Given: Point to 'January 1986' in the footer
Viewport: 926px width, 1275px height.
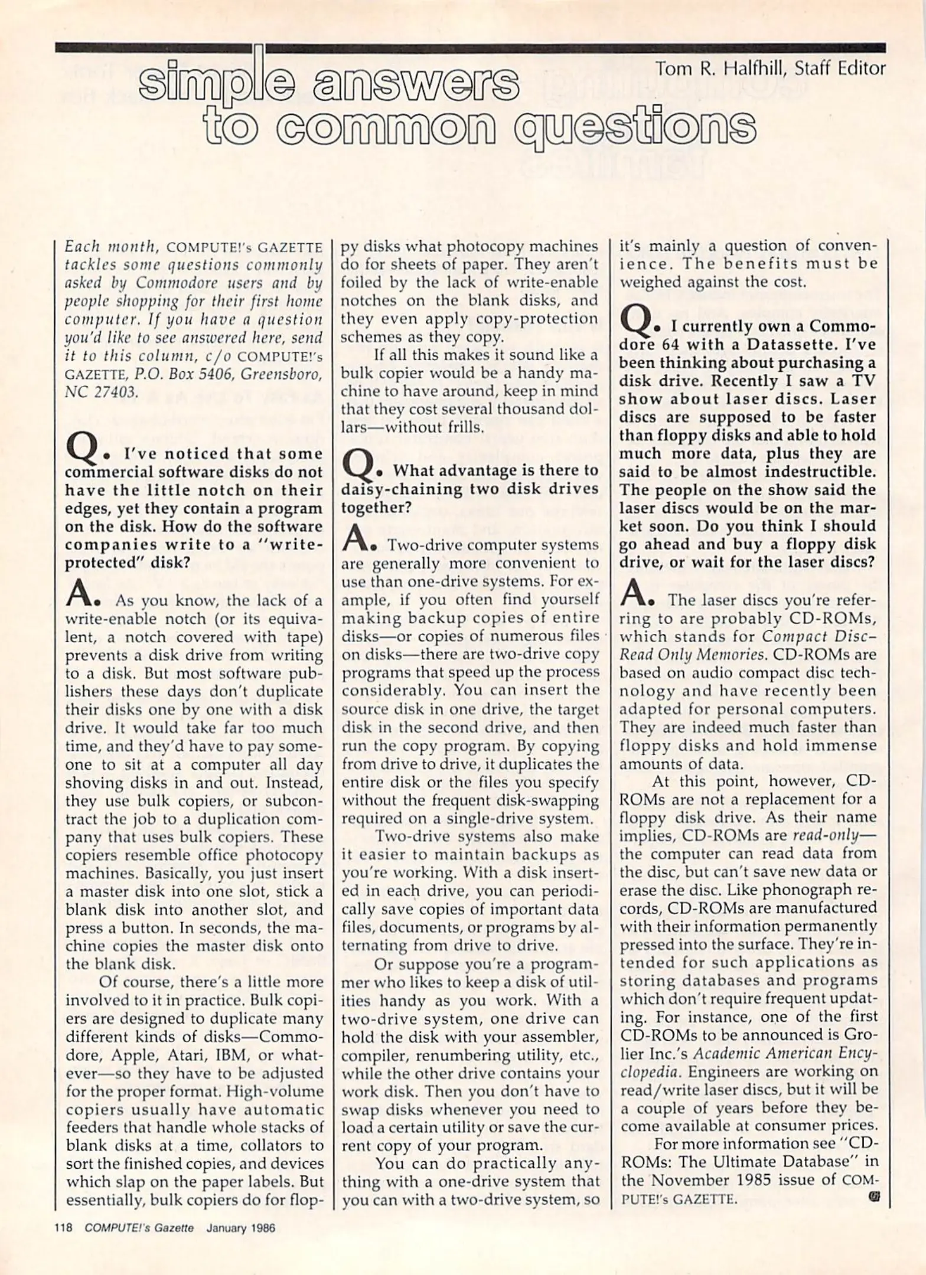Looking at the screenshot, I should (241, 1228).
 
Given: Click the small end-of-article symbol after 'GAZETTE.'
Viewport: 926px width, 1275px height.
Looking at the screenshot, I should (874, 1197).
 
